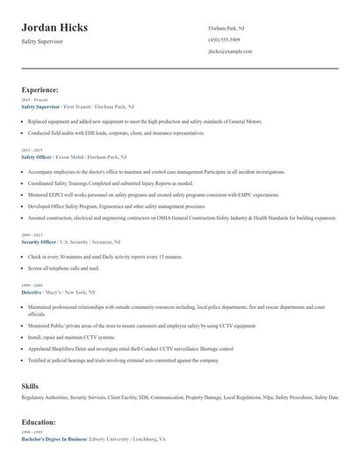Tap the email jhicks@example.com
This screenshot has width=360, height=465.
tap(230, 53)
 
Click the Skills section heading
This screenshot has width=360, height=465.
tap(30, 385)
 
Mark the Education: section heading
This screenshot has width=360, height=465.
tap(40, 422)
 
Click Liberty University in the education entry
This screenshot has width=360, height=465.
tap(114, 439)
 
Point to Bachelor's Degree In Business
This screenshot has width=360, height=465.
tap(55, 439)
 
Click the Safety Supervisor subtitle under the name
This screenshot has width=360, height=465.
tap(42, 41)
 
